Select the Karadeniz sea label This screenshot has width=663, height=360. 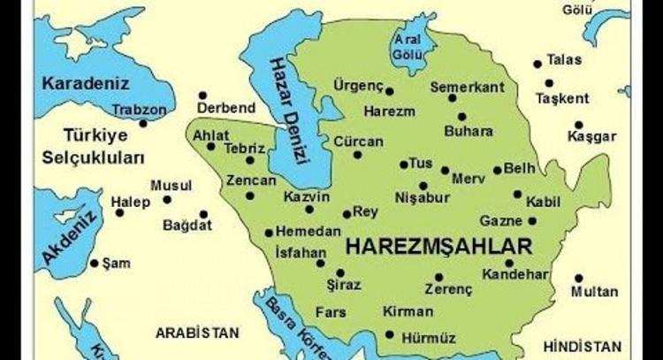pos(86,84)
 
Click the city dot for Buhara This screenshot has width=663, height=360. pos(462,116)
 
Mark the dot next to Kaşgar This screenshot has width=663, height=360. pos(578,125)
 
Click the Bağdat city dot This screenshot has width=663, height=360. pos(203,213)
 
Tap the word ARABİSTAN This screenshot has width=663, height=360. pos(197,333)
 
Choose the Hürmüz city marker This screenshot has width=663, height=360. pos(391,333)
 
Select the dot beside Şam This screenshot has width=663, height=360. pos(95,263)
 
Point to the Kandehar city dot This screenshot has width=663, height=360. pos(509,263)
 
